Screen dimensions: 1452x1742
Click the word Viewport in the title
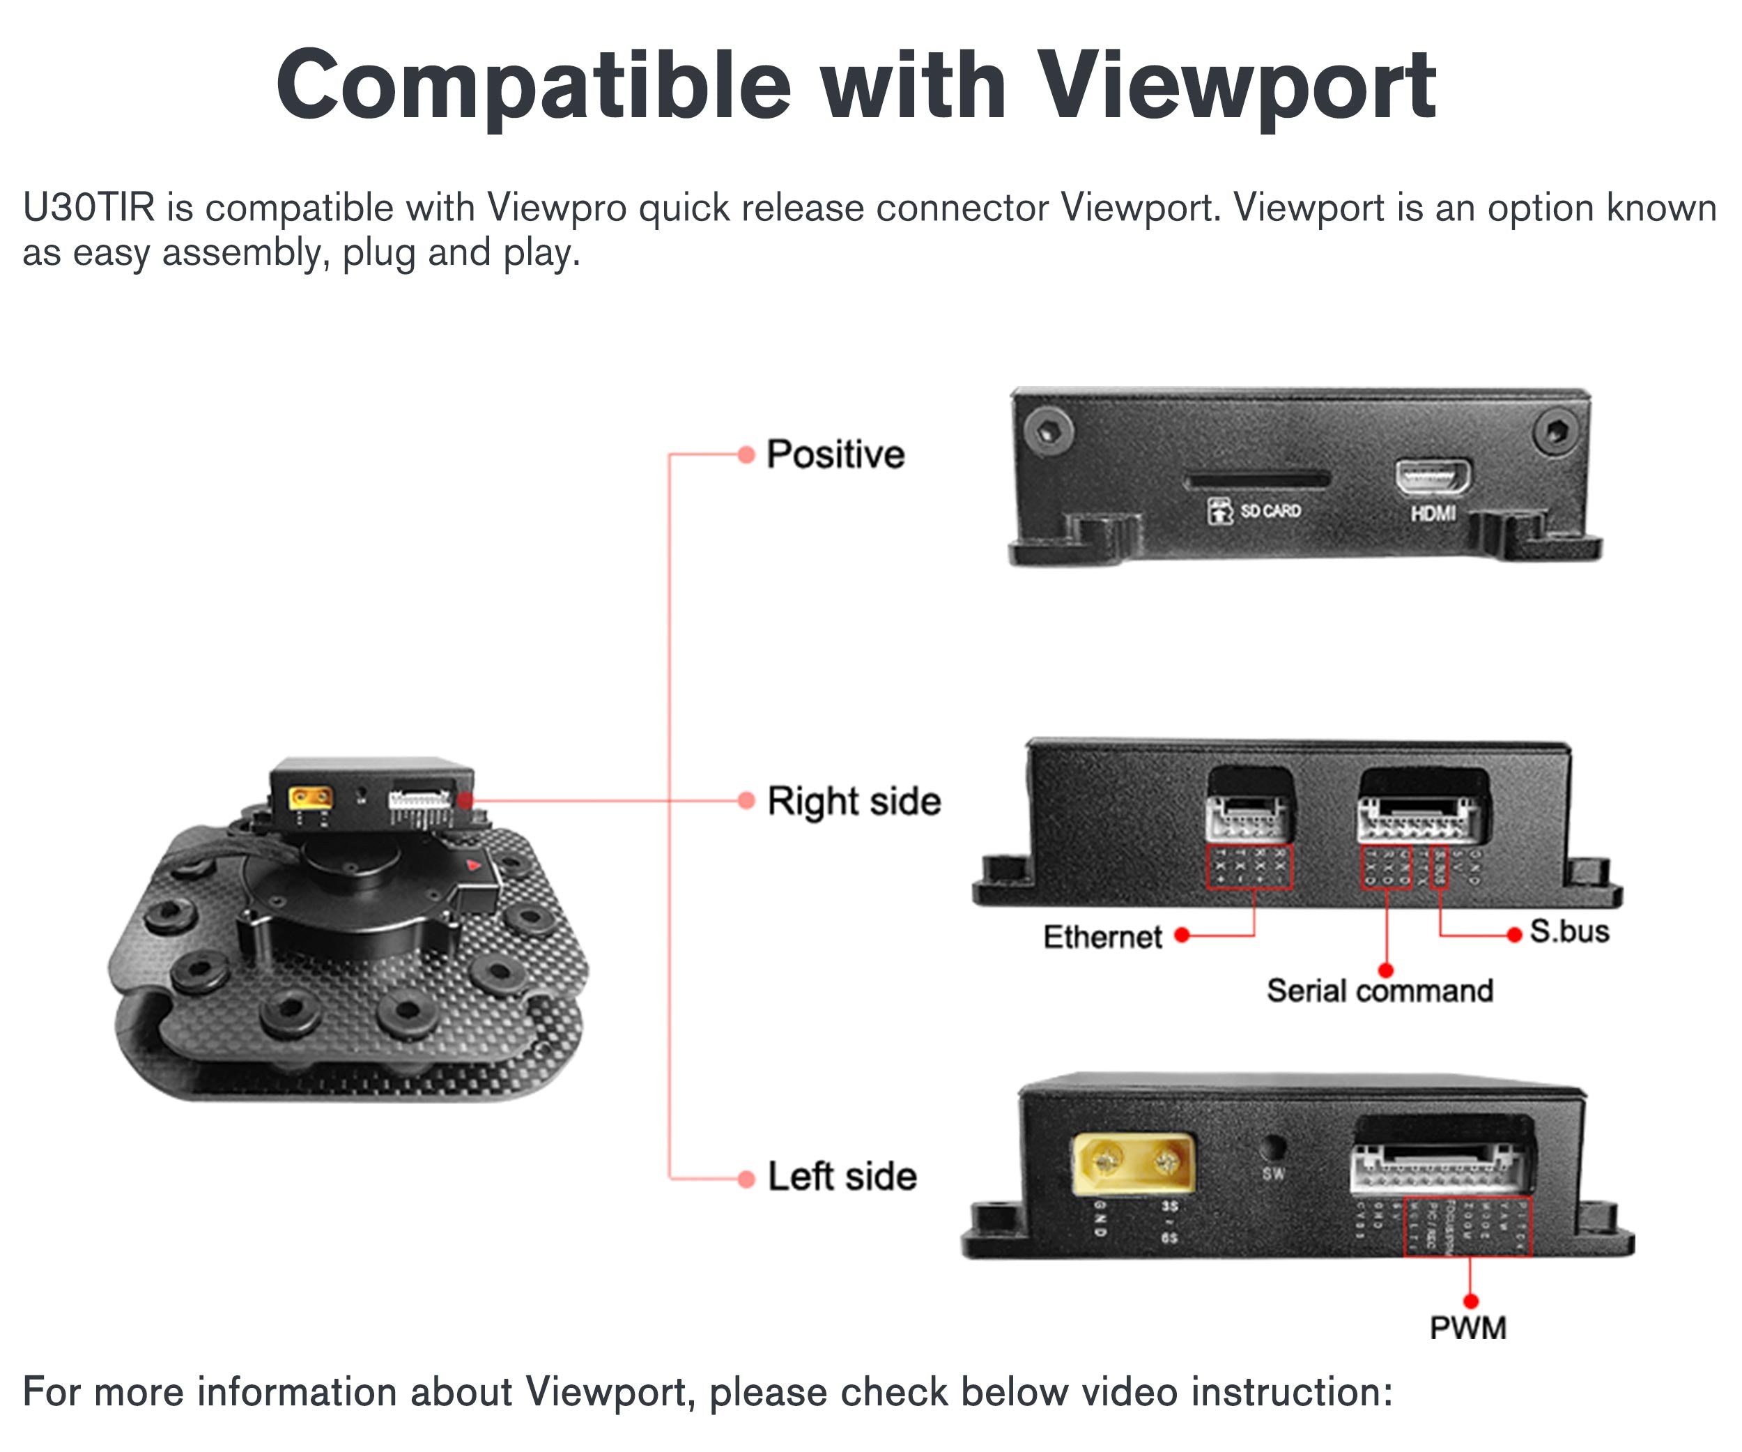tap(1236, 86)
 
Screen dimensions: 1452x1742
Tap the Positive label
tap(835, 454)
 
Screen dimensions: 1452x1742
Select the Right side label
tap(854, 802)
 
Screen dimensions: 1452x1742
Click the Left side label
tap(842, 1177)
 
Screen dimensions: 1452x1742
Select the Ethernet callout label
tap(1102, 937)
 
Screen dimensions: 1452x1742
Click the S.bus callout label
tap(1568, 932)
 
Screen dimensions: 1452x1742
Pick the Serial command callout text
tap(1380, 991)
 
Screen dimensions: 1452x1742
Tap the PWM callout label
tap(1467, 1327)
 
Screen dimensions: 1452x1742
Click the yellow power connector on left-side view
tap(1134, 1164)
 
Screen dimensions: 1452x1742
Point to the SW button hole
tap(1272, 1148)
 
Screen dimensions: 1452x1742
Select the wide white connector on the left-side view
tap(1437, 1170)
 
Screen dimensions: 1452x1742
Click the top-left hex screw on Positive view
tap(1049, 431)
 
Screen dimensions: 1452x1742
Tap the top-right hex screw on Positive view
tap(1554, 431)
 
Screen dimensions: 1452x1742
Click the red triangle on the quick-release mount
tap(474, 865)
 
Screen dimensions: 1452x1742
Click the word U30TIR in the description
tap(88, 208)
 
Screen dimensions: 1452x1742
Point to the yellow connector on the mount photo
tap(310, 799)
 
